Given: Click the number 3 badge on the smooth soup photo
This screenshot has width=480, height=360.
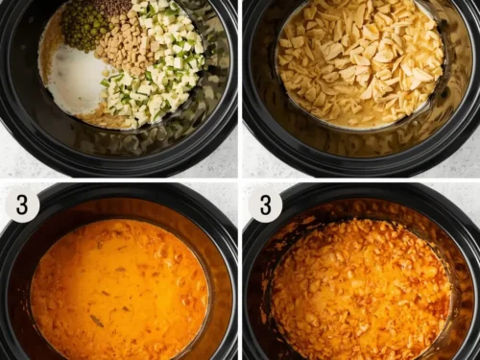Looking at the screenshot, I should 21,204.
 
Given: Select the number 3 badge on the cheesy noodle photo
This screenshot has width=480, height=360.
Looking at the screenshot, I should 265,204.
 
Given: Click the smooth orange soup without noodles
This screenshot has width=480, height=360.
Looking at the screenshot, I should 120,288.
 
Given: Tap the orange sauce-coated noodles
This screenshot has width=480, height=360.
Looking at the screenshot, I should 360,288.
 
